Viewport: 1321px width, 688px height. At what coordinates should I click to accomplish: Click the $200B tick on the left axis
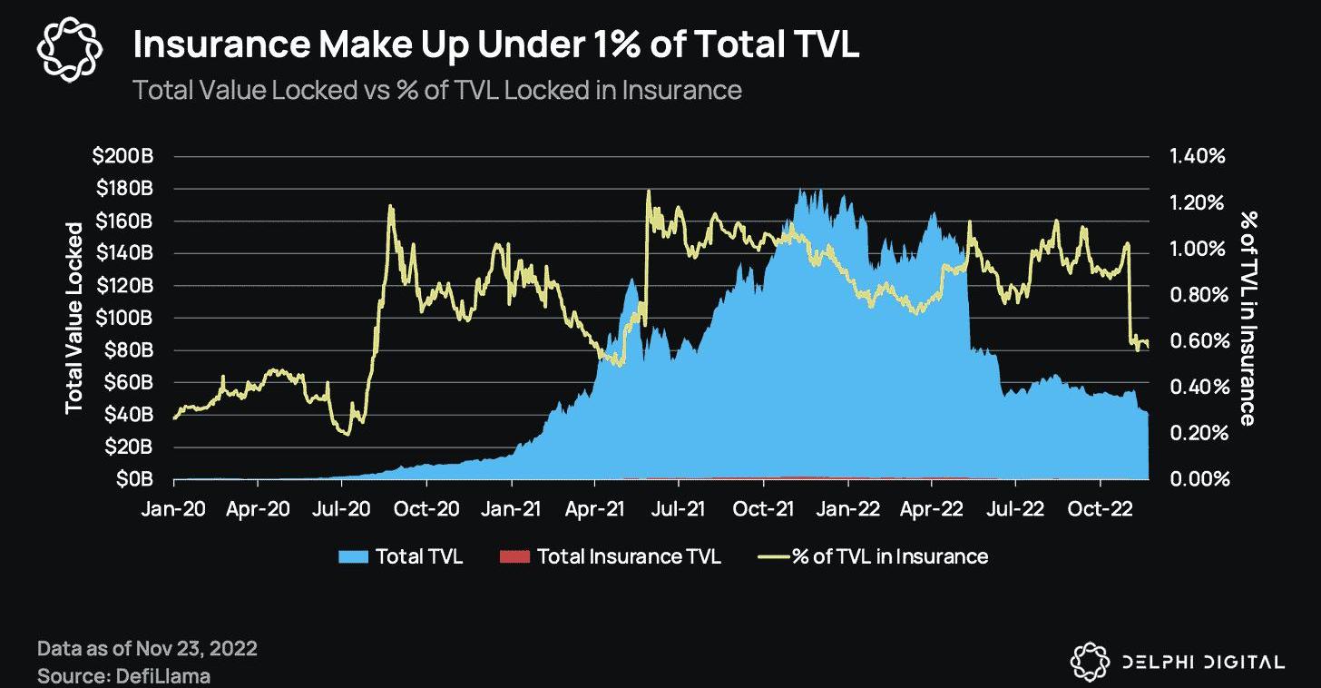point(122,156)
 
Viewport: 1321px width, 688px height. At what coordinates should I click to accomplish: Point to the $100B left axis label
point(122,318)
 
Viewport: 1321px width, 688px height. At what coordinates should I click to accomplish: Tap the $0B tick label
point(134,479)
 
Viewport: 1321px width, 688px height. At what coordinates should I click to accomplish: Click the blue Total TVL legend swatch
point(354,556)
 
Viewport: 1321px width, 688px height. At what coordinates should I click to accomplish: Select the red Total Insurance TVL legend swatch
point(514,556)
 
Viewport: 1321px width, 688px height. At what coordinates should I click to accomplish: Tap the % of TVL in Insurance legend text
point(889,556)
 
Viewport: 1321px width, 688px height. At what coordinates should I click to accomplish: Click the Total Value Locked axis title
point(74,317)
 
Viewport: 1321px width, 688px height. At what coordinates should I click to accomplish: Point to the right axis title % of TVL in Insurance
point(1248,318)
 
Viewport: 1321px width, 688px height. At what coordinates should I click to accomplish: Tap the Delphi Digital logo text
point(1200,662)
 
